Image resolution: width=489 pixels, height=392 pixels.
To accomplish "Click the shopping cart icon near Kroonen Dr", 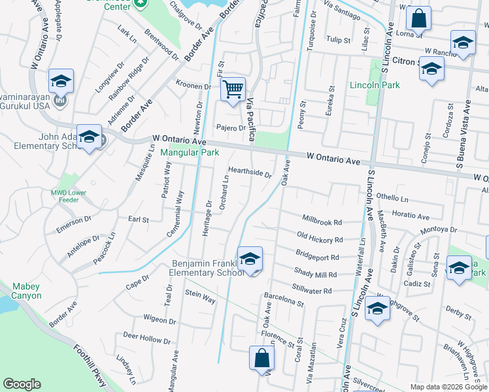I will tap(233, 89).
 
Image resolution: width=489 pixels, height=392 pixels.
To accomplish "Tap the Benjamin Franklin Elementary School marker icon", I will tap(250, 259).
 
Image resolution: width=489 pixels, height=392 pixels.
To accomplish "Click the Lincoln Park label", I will tap(375, 85).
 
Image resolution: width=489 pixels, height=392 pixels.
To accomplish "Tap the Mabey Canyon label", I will tap(25, 291).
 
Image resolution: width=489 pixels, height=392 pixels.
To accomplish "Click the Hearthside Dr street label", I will tap(250, 172).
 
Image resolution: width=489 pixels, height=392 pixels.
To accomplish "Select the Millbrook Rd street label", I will tap(322, 221).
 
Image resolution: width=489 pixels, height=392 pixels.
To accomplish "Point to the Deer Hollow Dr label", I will tap(146, 338).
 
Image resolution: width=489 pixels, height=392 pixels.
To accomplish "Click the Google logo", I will tap(22, 384).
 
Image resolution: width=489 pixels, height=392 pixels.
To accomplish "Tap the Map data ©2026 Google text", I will tap(448, 387).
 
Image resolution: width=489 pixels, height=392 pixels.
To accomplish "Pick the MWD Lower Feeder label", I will tap(69, 197).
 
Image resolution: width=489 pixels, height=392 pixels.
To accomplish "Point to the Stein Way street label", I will tap(200, 297).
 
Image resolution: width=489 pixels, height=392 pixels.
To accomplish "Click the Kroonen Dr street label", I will tap(194, 86).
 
